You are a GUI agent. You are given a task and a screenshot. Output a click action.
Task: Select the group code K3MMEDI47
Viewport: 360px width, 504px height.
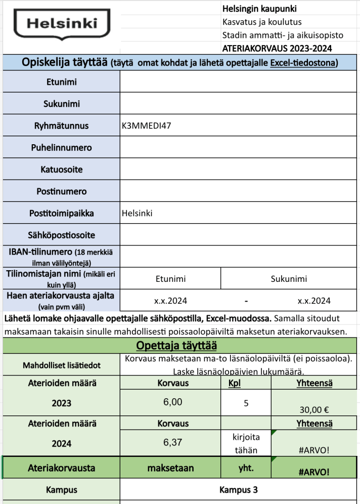[146, 127]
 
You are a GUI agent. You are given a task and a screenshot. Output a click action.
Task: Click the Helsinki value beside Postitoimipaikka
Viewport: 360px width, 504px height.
[137, 213]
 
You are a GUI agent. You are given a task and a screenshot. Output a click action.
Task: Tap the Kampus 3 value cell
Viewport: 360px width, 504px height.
[239, 490]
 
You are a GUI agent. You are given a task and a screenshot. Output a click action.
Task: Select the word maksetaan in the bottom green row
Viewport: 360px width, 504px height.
[170, 468]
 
